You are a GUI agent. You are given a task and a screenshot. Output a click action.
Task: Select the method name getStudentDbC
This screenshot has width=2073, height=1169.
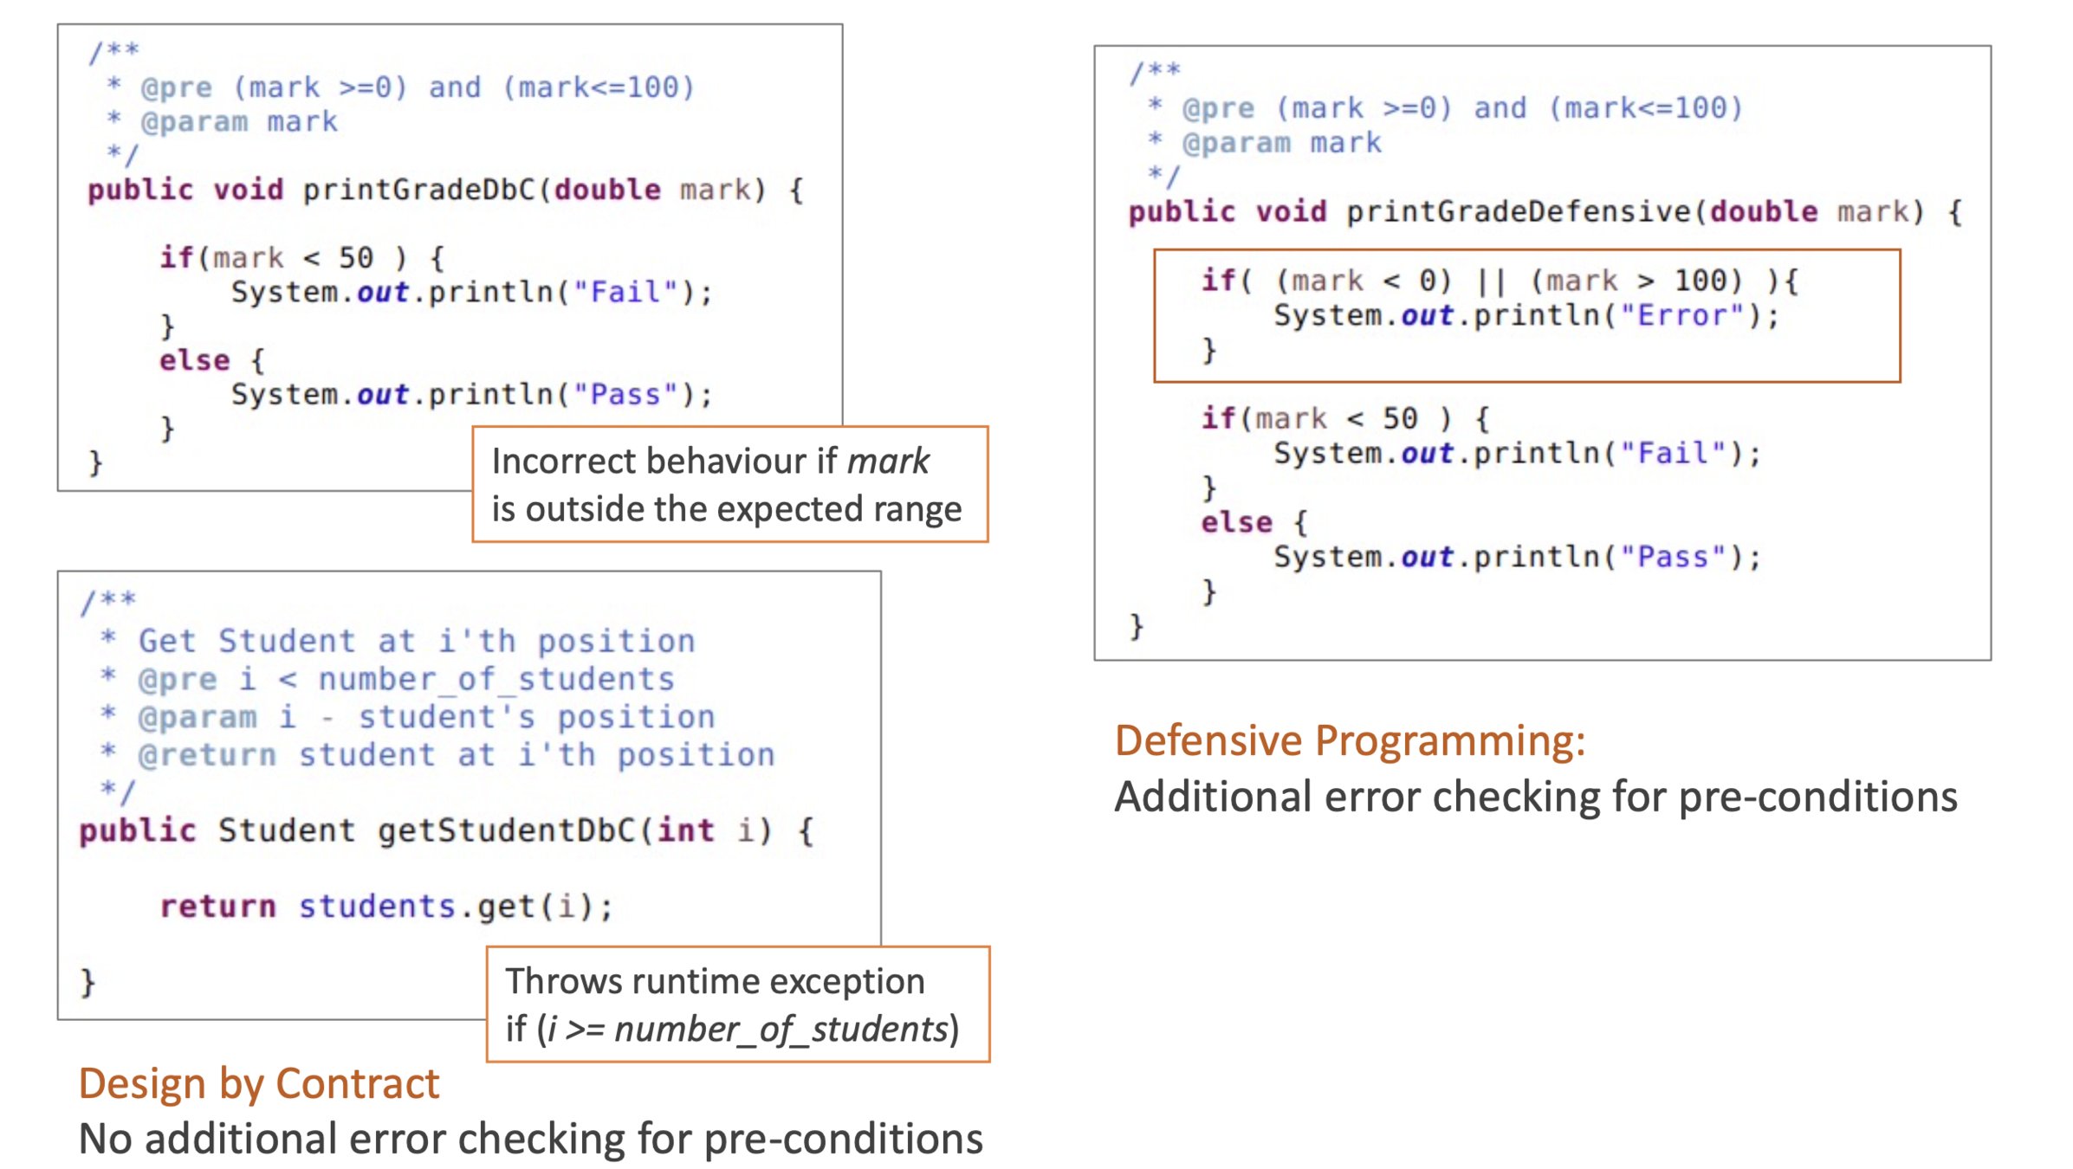tap(506, 830)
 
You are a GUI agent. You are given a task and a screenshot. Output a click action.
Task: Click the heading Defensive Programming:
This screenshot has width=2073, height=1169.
tap(1349, 741)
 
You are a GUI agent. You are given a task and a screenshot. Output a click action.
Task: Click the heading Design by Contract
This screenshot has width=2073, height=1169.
tap(259, 1084)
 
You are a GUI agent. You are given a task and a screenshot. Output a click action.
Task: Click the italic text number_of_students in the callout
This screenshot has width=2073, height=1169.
tap(781, 1030)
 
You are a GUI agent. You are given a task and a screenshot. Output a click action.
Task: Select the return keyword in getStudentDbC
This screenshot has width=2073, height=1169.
tap(217, 907)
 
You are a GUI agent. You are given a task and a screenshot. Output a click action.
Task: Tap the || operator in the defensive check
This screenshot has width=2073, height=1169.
tap(1490, 281)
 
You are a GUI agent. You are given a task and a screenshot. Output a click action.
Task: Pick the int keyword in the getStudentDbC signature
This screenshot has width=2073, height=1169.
tap(685, 830)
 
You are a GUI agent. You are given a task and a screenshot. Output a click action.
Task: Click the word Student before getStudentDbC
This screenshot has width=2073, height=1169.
tap(286, 830)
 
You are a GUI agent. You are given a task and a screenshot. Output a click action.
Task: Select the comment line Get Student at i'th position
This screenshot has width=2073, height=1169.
tap(416, 642)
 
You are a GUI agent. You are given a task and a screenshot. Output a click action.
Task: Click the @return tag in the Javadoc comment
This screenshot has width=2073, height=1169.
tap(207, 755)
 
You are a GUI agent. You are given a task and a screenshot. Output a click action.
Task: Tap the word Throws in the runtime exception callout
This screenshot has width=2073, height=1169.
tap(563, 982)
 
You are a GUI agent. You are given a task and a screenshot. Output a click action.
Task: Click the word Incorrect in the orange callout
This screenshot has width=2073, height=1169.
tap(563, 462)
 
